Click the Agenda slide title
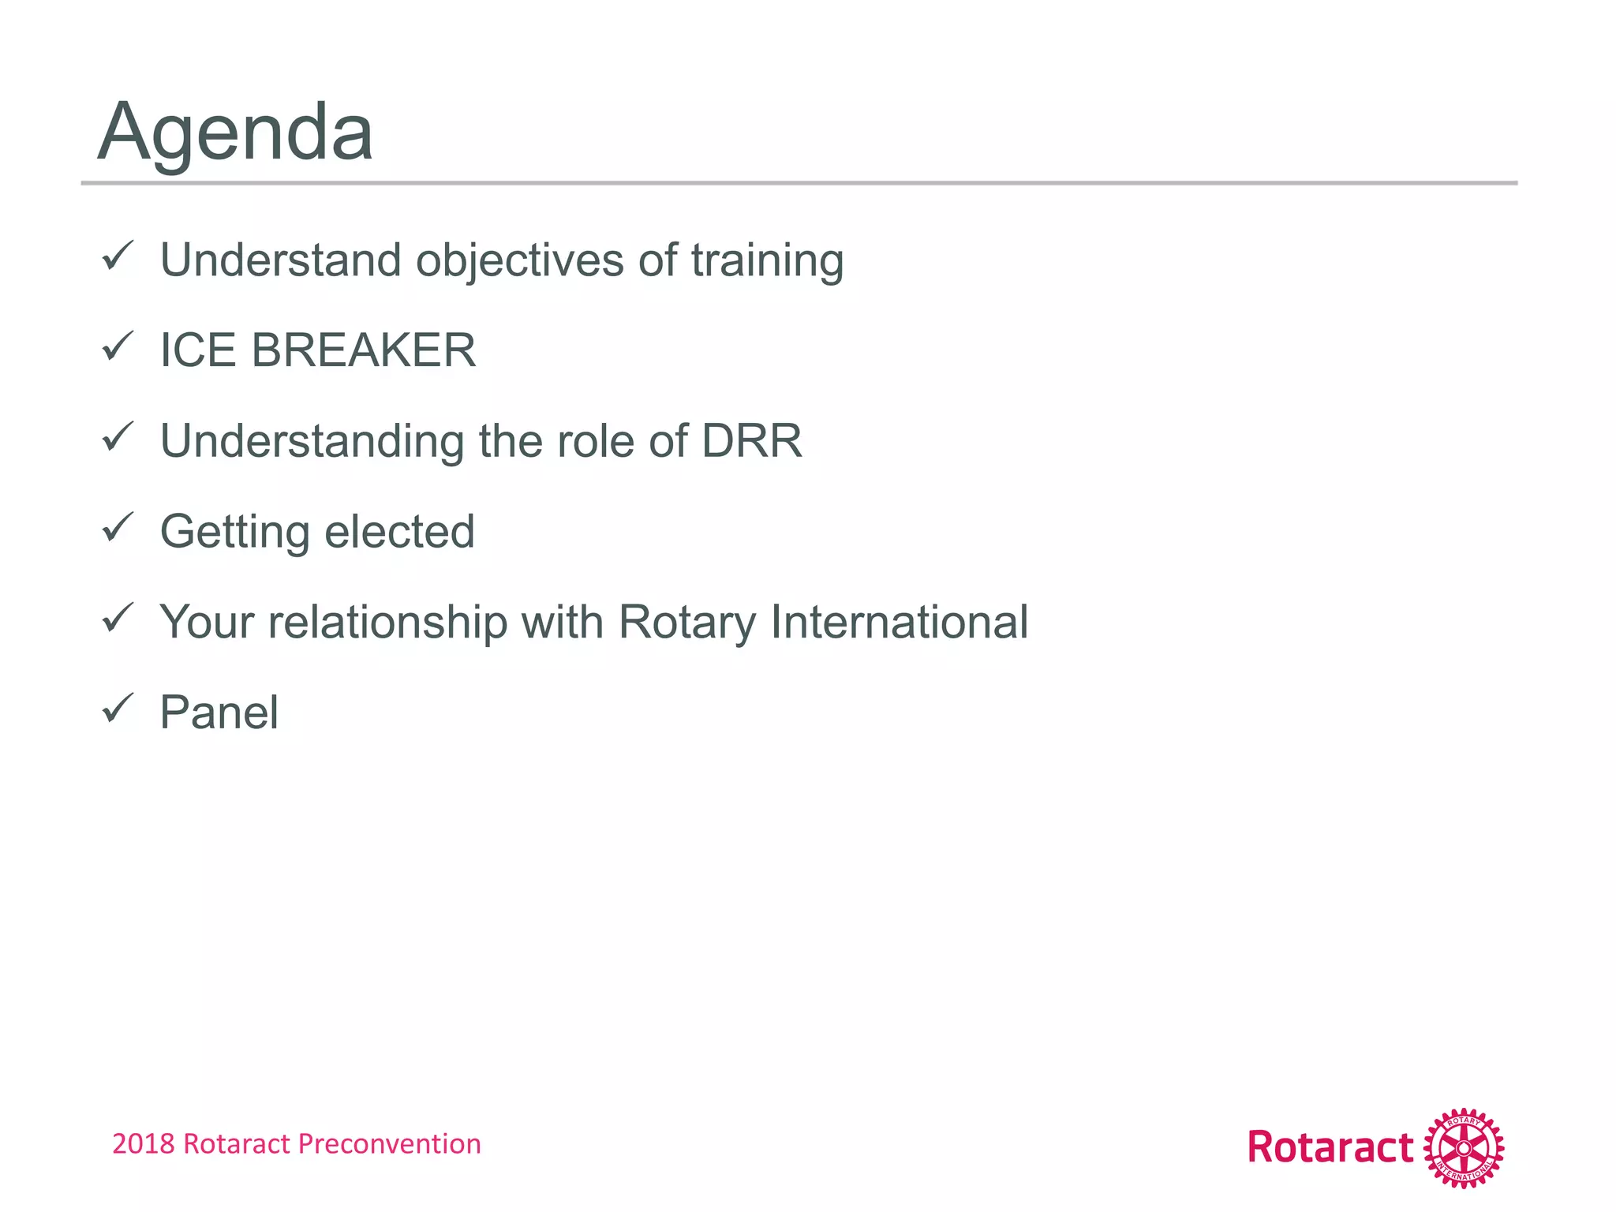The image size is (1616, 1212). click(x=235, y=133)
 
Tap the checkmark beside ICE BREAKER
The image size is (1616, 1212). click(x=118, y=346)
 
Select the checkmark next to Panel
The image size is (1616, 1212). click(x=118, y=708)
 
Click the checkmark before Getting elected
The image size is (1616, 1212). click(x=118, y=527)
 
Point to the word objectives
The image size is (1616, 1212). click(x=519, y=261)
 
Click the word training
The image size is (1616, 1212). click(x=767, y=261)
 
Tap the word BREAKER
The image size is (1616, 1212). click(x=364, y=350)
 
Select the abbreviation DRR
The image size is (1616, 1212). click(x=751, y=441)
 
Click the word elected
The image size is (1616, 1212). click(x=399, y=531)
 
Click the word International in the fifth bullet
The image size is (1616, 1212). click(x=899, y=622)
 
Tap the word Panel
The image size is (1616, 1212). click(x=219, y=713)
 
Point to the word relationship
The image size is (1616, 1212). click(x=387, y=622)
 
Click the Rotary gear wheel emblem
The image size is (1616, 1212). click(x=1464, y=1148)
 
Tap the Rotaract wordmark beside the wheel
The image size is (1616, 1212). click(x=1330, y=1148)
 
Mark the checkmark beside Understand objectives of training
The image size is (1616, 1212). click(x=118, y=256)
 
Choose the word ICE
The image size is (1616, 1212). click(x=197, y=350)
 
